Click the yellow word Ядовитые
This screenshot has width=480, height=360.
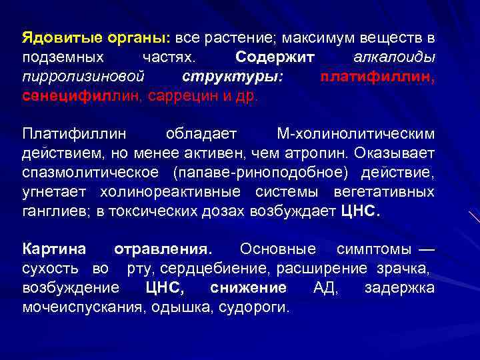click(x=53, y=36)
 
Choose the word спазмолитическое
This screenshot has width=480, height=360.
click(x=91, y=173)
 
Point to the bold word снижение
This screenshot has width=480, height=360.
click(x=248, y=288)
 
